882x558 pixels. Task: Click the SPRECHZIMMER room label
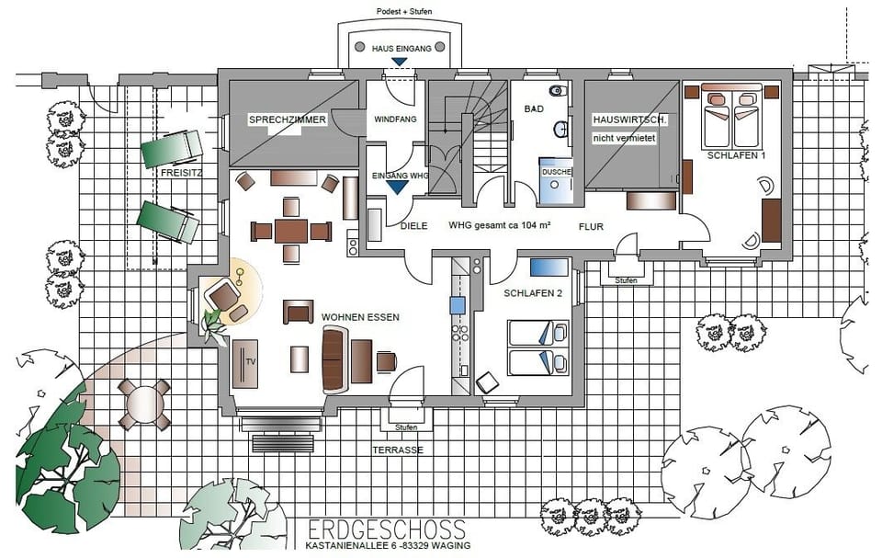(288, 120)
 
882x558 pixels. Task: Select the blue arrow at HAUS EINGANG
(399, 63)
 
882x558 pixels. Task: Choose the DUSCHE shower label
(556, 172)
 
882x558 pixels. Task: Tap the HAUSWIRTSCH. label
(630, 120)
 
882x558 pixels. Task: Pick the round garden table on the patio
(144, 404)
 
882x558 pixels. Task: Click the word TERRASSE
(397, 450)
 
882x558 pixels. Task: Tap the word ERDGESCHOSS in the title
(387, 530)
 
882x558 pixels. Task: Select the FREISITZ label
(180, 172)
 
